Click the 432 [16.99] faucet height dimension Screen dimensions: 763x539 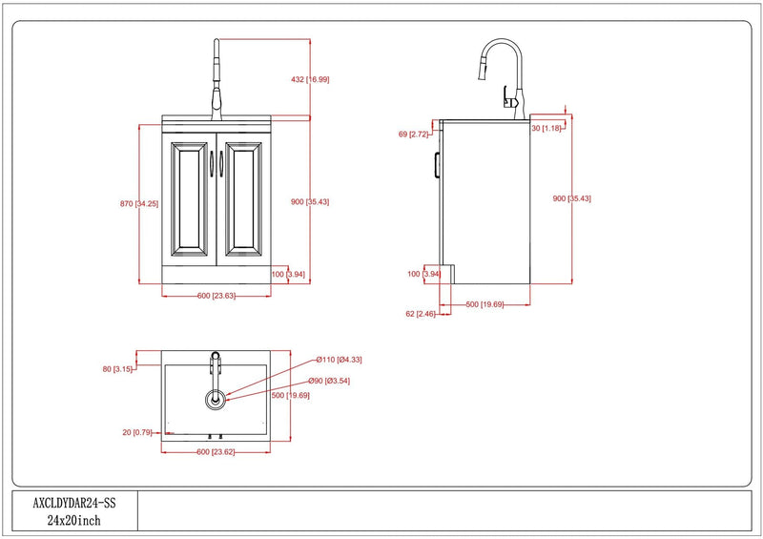click(310, 79)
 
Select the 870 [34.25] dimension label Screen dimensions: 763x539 click(139, 203)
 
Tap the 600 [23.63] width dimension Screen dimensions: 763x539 click(217, 296)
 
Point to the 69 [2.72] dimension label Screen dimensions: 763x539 click(413, 134)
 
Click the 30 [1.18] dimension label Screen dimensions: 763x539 click(546, 128)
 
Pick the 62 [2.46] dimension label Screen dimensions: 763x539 click(421, 314)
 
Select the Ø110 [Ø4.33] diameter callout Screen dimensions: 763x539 click(339, 360)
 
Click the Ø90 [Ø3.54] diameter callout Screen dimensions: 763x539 click(328, 381)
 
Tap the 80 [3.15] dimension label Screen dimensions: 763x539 click(117, 369)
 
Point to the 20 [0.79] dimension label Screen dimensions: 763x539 click(137, 432)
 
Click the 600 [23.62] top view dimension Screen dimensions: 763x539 click(216, 452)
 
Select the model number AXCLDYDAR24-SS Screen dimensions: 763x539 click(74, 503)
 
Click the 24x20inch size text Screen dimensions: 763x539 click(74, 521)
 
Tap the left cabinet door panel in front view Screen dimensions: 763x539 click(189, 199)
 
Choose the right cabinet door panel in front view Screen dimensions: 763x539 click(243, 199)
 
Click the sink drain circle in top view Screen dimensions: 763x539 click(215, 401)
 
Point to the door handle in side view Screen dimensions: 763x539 click(437, 165)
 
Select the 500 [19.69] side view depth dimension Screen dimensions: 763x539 click(485, 305)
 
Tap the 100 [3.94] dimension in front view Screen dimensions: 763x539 click(288, 274)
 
